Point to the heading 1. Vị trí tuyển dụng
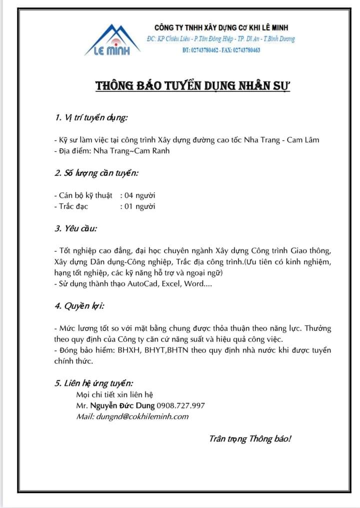91,118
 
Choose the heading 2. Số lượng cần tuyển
96,173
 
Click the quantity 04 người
139,195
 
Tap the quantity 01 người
139,206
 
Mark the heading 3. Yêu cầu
76,229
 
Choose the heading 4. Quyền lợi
79,306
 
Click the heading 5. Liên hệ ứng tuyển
94,383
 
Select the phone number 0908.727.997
181,405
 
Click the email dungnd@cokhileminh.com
146,416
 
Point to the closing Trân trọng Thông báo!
249,439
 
